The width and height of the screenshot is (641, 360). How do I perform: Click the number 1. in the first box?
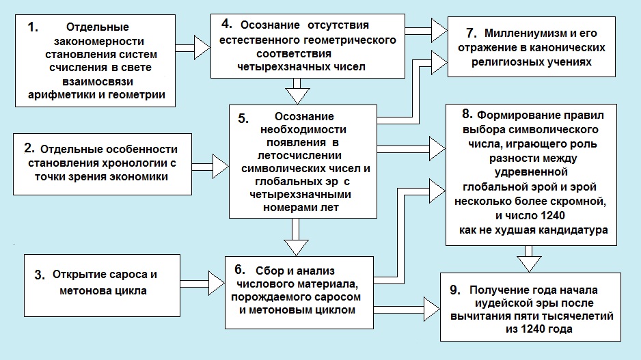[33, 27]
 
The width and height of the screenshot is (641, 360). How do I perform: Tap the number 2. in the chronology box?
[29, 148]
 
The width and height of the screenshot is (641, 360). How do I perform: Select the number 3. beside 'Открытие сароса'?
[40, 275]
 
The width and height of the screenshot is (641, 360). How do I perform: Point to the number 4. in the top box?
[227, 24]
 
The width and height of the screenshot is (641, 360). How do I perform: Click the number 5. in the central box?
[243, 118]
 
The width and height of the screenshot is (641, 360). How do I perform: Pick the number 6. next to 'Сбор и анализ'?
[240, 270]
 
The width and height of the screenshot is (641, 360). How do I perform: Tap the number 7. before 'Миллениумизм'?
[472, 33]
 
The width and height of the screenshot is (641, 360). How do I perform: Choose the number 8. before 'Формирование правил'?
[467, 114]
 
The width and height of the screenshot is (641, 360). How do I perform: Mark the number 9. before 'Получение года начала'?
[455, 290]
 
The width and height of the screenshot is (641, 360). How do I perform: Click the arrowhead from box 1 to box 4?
[202, 48]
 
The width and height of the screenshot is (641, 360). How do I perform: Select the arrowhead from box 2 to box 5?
[220, 167]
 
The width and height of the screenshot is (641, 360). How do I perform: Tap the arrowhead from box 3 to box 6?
[217, 283]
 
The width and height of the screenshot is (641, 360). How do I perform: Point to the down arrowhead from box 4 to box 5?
[297, 96]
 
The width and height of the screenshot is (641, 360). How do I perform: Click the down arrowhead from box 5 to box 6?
[296, 248]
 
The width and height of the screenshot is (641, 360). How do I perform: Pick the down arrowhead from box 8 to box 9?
[529, 264]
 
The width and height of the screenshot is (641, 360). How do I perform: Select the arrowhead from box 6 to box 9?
[432, 309]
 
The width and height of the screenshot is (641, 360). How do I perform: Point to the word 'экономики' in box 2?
[142, 177]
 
